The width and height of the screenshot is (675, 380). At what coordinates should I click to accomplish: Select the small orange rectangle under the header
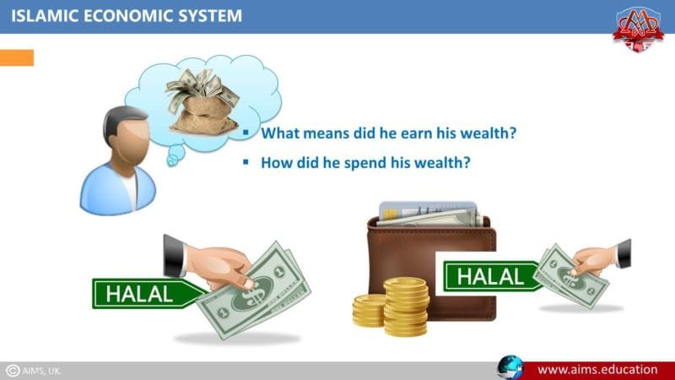17,57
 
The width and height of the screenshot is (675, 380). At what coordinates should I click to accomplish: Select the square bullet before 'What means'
246,133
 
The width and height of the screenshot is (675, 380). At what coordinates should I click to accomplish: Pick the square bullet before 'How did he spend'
246,161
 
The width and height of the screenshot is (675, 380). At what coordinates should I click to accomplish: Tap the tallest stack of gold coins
406,305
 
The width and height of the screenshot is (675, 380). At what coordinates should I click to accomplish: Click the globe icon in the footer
510,369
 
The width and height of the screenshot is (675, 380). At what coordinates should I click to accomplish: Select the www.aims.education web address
597,369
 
